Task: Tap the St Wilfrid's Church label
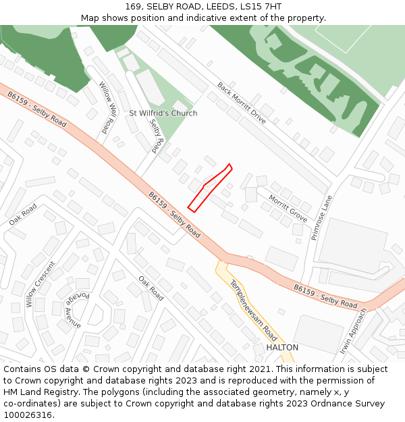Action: click(x=163, y=113)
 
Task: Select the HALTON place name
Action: click(x=282, y=347)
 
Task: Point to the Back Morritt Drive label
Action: click(x=242, y=103)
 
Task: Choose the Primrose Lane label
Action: click(x=322, y=218)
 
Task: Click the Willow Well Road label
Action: click(x=108, y=107)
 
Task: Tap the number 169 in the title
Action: click(x=133, y=7)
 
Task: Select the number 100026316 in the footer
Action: click(x=28, y=415)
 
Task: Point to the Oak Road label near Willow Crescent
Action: click(x=24, y=216)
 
